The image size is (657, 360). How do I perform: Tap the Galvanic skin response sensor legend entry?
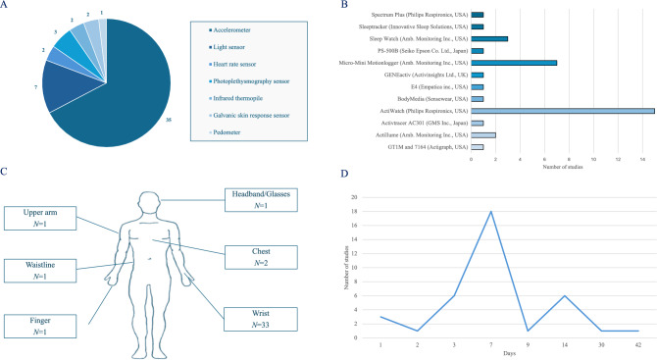[x=249, y=115]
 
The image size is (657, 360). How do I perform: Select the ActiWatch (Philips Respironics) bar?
[x=563, y=111]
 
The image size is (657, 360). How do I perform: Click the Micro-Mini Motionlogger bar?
[x=514, y=63]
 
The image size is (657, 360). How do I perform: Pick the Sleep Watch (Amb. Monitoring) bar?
[x=489, y=39]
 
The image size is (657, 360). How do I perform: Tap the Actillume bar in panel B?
[x=483, y=135]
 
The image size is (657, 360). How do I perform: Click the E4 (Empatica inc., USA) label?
[x=439, y=87]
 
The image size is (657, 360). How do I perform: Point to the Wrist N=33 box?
[x=261, y=319]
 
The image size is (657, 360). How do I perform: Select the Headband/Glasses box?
[x=261, y=200]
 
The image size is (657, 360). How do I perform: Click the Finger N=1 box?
[x=40, y=326]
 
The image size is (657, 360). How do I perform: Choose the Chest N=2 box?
[x=261, y=257]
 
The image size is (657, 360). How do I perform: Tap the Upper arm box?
[x=40, y=218]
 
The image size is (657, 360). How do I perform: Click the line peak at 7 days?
[x=490, y=211]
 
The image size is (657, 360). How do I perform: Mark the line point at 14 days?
[x=565, y=295]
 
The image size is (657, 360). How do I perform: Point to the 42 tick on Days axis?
[x=638, y=345]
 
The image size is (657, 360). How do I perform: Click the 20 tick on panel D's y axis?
[x=354, y=197]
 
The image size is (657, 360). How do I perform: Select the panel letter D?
[x=344, y=174]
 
